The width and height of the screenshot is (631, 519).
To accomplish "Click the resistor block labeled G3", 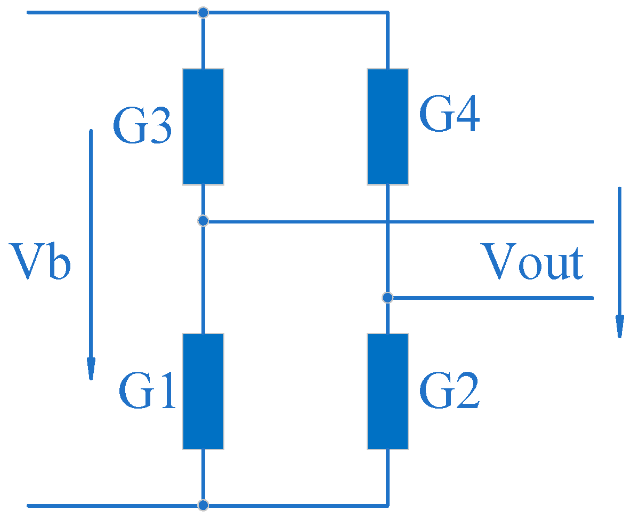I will coord(203,126).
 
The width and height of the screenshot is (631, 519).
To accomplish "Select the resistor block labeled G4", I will coord(387,126).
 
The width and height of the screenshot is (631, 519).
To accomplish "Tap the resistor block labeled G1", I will coord(203,391).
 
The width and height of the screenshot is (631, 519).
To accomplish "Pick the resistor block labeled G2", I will coord(387,391).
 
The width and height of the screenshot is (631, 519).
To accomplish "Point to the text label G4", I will coord(449,116).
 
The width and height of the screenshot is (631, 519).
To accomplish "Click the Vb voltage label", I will coord(41,261).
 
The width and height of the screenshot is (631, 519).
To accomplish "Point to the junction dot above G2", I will coord(387,297).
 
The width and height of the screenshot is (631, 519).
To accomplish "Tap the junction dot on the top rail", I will coord(203,12).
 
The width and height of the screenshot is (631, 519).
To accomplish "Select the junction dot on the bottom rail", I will coord(203,505).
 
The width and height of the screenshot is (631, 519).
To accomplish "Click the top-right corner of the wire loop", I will coord(387,12).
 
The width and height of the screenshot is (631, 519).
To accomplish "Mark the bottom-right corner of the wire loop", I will coord(387,505).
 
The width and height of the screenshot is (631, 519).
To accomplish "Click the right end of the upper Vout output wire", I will coord(592,221).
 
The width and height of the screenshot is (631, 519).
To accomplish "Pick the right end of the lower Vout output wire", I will coord(592,298).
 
